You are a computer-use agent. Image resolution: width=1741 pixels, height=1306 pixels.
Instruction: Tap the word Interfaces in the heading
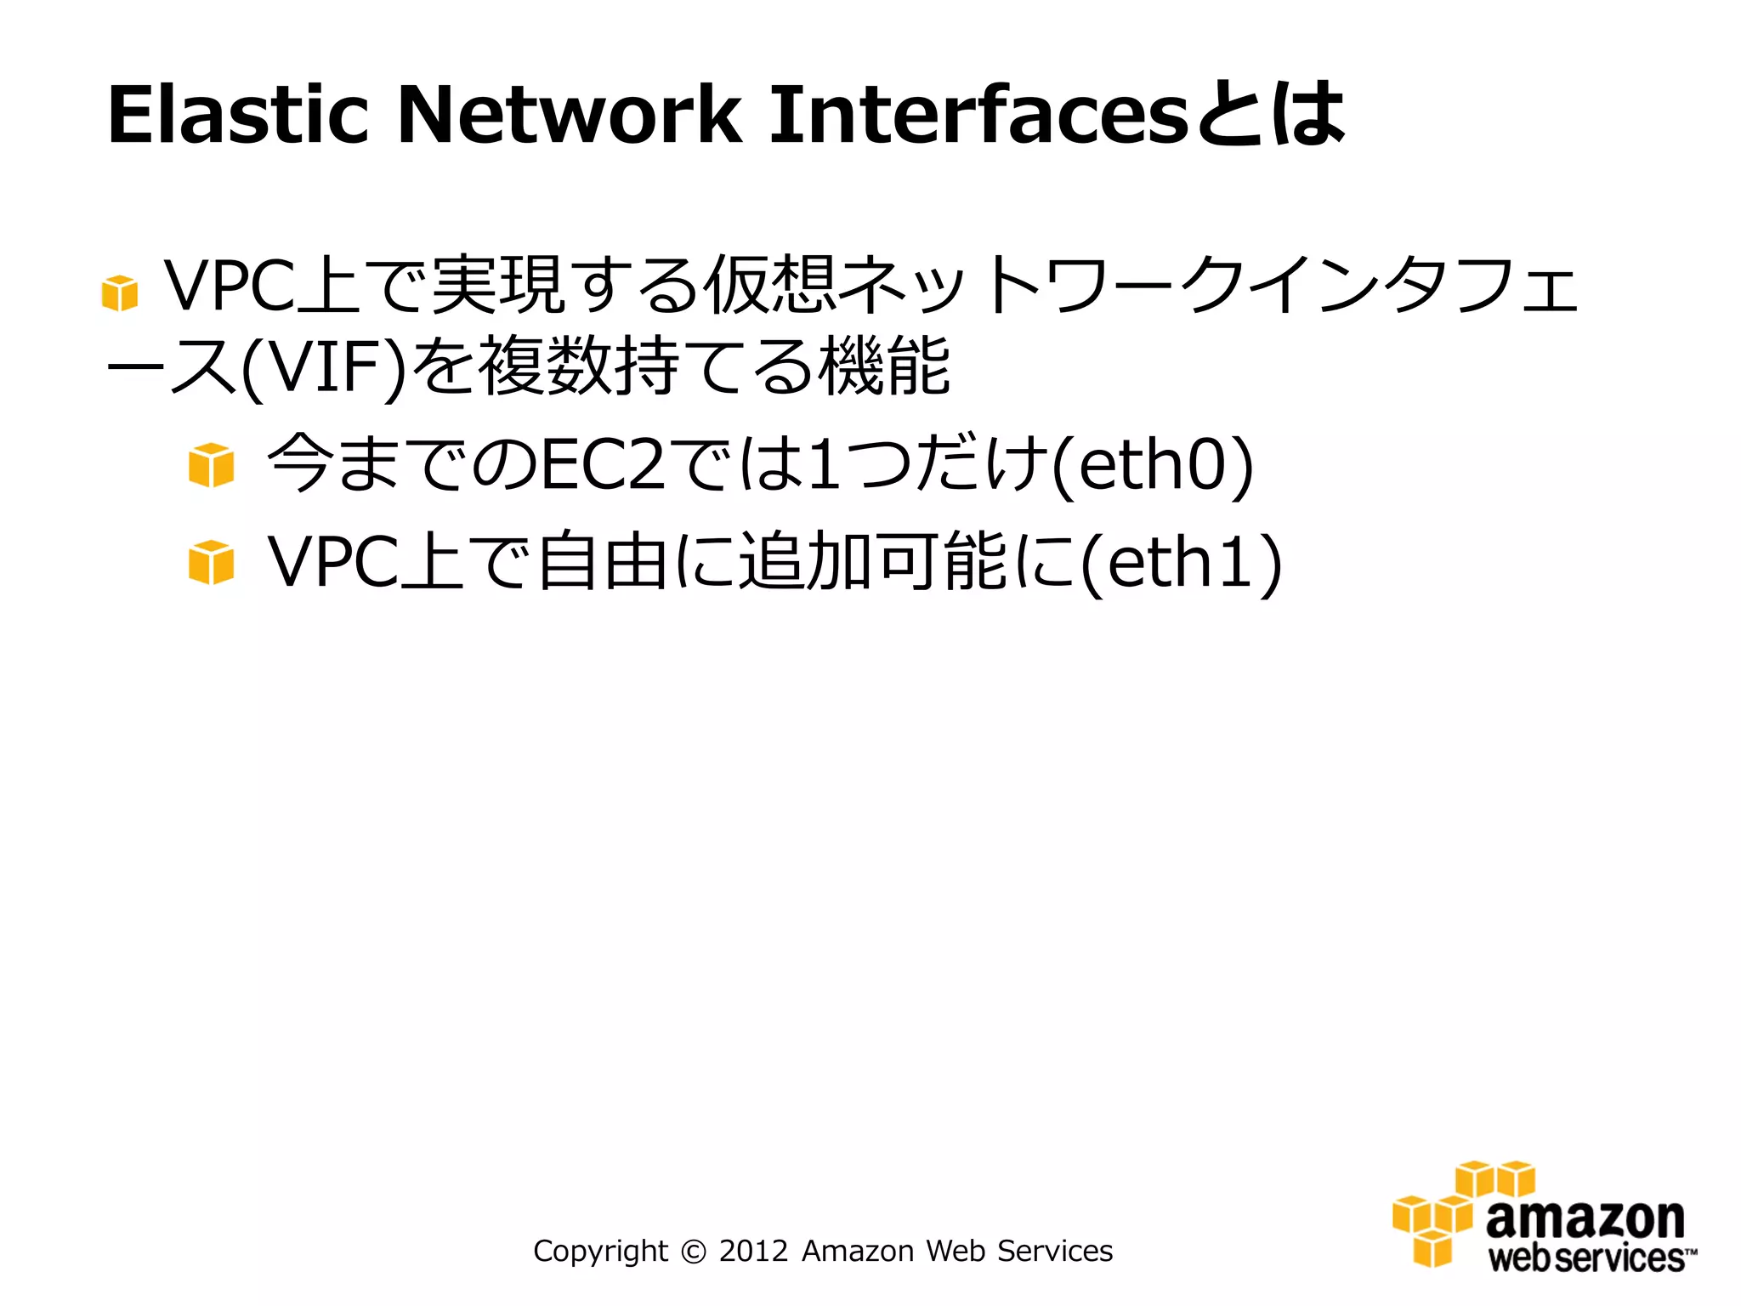tap(978, 115)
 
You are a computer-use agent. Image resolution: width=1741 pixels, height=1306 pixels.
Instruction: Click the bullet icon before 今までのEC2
tap(211, 465)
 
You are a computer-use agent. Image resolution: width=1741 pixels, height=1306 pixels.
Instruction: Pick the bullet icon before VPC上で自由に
tap(211, 562)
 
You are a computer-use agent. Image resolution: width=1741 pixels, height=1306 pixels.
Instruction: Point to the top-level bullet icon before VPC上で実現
tap(119, 293)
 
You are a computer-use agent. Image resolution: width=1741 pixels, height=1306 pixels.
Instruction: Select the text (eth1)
tap(1182, 562)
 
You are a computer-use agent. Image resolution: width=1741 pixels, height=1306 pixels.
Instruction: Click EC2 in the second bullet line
tap(604, 465)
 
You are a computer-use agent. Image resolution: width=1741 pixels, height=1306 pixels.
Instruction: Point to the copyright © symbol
tap(694, 1252)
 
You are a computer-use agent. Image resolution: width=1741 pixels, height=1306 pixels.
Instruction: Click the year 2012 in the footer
tap(753, 1252)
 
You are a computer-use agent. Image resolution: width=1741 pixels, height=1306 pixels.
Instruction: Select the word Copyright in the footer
tap(600, 1252)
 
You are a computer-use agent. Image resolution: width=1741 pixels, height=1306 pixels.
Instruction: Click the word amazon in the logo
tap(1585, 1219)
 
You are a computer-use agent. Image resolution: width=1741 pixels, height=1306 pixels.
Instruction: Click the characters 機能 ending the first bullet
tap(884, 368)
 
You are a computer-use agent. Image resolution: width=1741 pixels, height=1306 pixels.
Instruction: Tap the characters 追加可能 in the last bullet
tap(872, 562)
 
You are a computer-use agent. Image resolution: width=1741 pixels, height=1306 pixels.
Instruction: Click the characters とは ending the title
tap(1271, 115)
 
